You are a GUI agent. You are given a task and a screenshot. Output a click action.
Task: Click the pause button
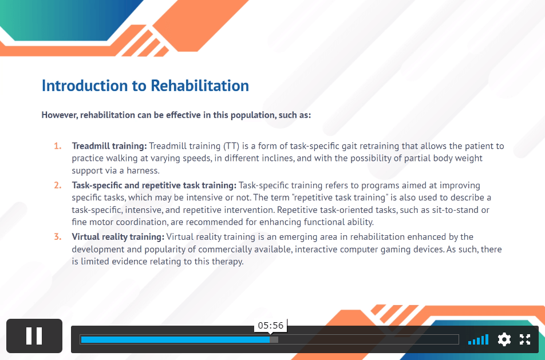pyautogui.click(x=34, y=335)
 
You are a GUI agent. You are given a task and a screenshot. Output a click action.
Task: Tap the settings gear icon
pyautogui.click(x=504, y=339)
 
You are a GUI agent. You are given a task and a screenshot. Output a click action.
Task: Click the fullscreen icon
pyautogui.click(x=525, y=339)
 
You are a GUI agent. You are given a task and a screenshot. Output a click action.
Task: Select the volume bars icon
pyautogui.click(x=478, y=339)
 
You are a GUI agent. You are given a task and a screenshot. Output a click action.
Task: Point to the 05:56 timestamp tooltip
pyautogui.click(x=271, y=325)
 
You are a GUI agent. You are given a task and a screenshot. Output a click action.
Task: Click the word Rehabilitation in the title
pyautogui.click(x=200, y=85)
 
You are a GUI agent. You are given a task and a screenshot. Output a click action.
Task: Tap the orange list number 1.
pyautogui.click(x=58, y=146)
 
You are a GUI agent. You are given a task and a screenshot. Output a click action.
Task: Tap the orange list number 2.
pyautogui.click(x=58, y=185)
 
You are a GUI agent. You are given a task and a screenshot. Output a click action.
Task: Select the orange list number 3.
pyautogui.click(x=58, y=236)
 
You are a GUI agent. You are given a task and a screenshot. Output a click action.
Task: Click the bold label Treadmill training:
pyautogui.click(x=109, y=146)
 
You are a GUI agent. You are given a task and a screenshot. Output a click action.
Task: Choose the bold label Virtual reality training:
pyautogui.click(x=118, y=237)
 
